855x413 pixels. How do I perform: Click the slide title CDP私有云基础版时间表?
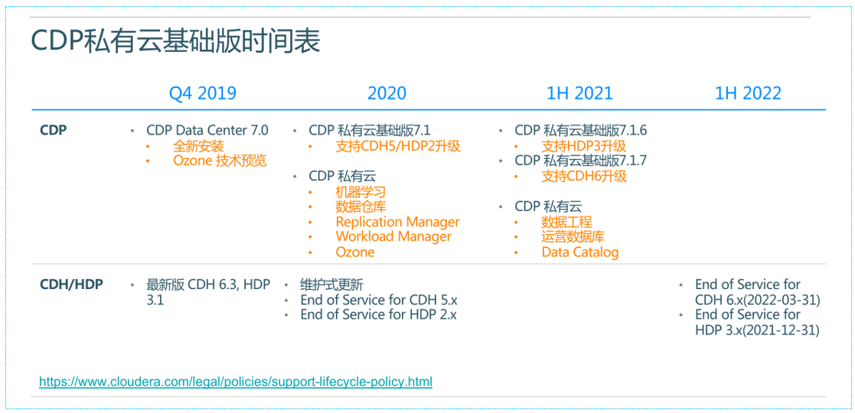point(175,41)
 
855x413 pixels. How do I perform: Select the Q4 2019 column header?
point(202,93)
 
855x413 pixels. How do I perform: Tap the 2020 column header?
point(387,93)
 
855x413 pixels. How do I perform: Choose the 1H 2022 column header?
point(747,93)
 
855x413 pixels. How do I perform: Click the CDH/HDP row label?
point(71,285)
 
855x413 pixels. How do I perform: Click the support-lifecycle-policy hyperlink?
point(236,381)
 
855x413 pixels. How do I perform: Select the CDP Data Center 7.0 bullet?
point(207,131)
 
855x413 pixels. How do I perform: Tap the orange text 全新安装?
point(198,146)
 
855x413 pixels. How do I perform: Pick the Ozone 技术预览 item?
point(220,161)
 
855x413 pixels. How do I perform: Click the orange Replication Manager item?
point(397,222)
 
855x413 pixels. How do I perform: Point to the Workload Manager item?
point(393,236)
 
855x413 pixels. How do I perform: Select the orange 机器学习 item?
point(361,192)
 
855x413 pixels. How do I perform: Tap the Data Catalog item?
point(579,252)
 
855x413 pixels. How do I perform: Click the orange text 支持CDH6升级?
point(584,176)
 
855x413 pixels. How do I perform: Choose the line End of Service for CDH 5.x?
point(378,300)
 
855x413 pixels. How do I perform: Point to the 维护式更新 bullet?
point(331,285)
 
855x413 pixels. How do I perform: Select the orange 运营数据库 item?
point(573,236)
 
